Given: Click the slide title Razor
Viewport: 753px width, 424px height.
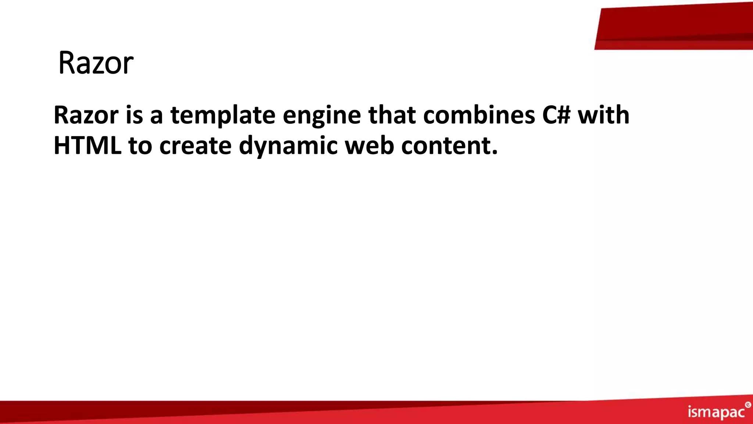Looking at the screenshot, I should pyautogui.click(x=96, y=63).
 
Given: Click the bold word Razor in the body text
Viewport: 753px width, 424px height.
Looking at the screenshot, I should pyautogui.click(x=86, y=115).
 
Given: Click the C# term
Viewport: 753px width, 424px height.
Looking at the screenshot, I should pyautogui.click(x=556, y=115).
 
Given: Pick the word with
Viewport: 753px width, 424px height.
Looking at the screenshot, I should pyautogui.click(x=604, y=115).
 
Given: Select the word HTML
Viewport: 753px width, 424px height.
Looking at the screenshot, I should pyautogui.click(x=88, y=146).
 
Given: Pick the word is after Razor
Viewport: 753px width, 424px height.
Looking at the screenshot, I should pyautogui.click(x=134, y=115).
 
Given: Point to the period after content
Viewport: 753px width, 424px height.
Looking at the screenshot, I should pyautogui.click(x=495, y=152).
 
